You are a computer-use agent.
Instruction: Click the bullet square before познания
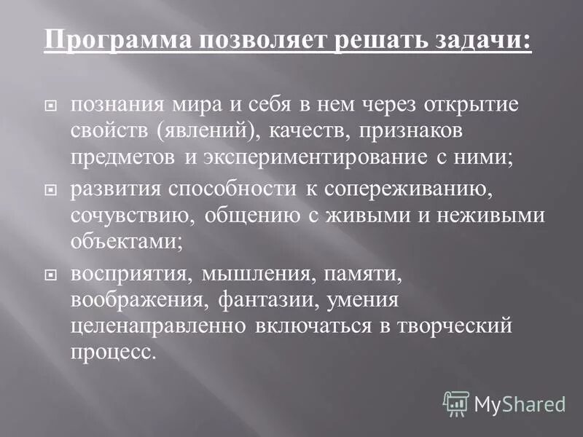50,106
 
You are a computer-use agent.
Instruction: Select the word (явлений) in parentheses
195,131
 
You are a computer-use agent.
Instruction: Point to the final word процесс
113,354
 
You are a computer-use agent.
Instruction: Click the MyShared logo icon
457,403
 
